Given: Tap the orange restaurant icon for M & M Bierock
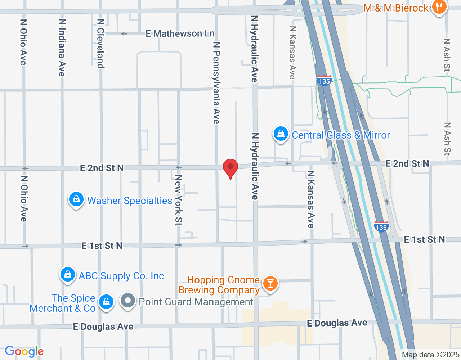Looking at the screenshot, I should (x=439, y=7).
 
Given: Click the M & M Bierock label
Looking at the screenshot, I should (x=396, y=8).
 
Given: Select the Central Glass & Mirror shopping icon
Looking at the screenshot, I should (x=281, y=134).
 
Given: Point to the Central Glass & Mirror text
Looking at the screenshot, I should (x=341, y=135).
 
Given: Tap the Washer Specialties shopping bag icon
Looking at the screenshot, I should (x=76, y=199).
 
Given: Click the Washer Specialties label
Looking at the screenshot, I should (x=130, y=201).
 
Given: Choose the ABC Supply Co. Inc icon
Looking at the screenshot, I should (x=67, y=275).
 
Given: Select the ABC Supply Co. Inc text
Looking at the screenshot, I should (x=121, y=276).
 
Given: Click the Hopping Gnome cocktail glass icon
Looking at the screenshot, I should (x=270, y=283).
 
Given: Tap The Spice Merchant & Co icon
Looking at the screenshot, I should (x=106, y=302).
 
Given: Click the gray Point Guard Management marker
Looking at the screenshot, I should (x=127, y=301).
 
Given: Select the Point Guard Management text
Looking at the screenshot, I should (x=196, y=302).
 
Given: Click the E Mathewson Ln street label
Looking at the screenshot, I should (x=180, y=33).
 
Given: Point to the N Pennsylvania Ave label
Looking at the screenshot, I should (x=216, y=83).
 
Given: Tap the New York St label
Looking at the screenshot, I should (x=178, y=200).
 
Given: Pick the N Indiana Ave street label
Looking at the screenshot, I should (x=62, y=48).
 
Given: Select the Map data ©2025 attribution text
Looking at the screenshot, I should (x=430, y=355).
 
